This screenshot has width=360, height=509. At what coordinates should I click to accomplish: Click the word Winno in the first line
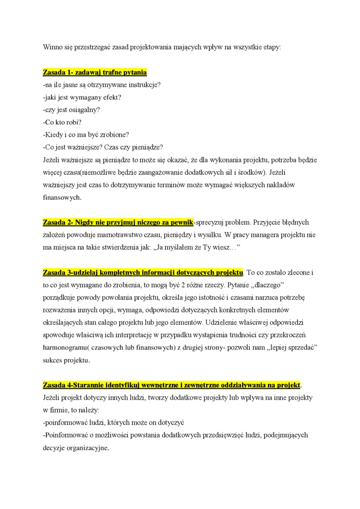coord(53,47)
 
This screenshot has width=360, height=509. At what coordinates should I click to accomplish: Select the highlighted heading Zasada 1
coord(95,72)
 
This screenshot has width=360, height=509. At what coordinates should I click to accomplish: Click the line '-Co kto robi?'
coord(62,122)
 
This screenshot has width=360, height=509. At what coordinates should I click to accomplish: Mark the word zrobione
coord(114,134)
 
